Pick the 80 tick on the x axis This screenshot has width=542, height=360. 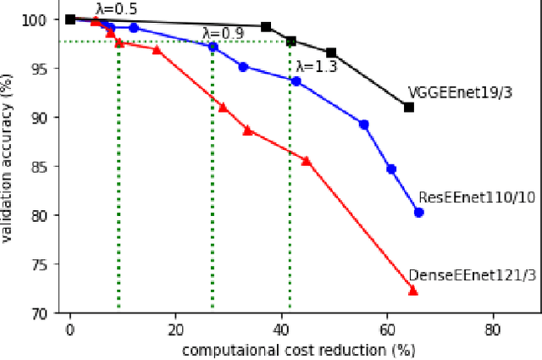(x=492, y=329)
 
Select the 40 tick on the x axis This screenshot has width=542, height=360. (x=281, y=329)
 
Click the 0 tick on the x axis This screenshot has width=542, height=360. (x=70, y=329)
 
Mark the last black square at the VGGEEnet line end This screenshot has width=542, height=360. (x=409, y=107)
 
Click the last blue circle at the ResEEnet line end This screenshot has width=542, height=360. (x=418, y=213)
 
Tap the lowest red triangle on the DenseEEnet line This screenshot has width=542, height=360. (x=413, y=291)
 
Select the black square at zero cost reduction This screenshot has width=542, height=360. (x=70, y=19)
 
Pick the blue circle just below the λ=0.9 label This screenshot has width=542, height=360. (x=213, y=47)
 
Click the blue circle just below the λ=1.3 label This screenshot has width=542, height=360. (x=296, y=80)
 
